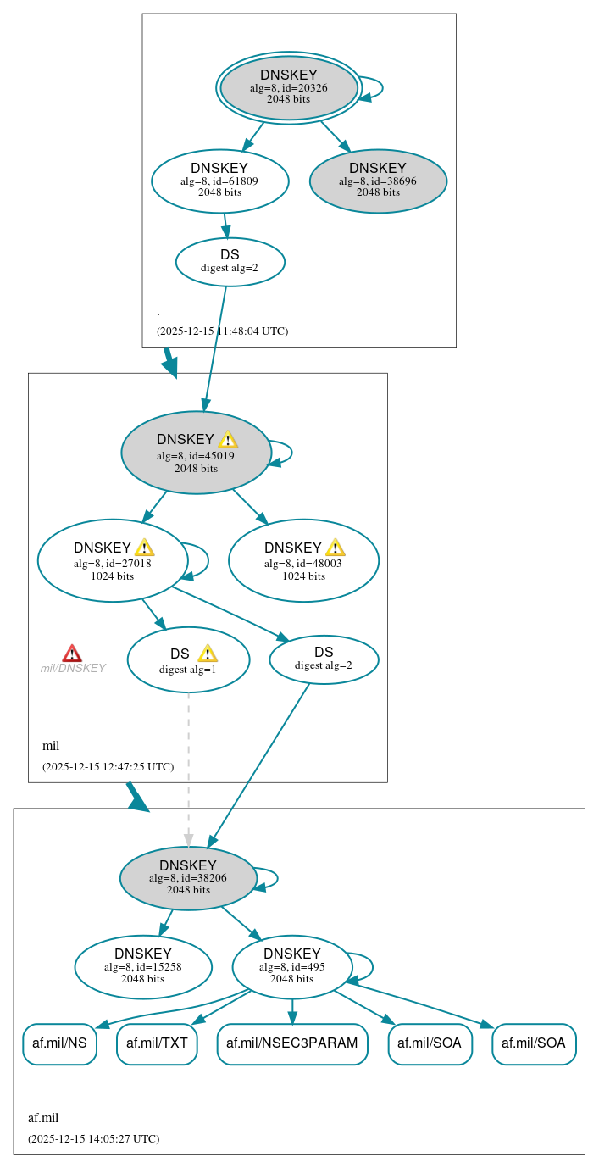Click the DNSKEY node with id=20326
click(289, 87)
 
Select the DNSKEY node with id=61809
click(220, 181)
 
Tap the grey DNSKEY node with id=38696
click(378, 181)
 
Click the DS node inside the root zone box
click(230, 261)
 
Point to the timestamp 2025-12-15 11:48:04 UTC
click(222, 331)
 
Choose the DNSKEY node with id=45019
click(196, 453)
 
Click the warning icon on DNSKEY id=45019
click(228, 439)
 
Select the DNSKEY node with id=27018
click(113, 560)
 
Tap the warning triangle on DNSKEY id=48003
click(335, 548)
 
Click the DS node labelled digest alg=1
click(188, 659)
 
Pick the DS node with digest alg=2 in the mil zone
click(324, 659)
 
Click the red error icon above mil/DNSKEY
click(72, 653)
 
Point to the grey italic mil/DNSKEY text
click(73, 668)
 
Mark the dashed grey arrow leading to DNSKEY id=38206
click(188, 763)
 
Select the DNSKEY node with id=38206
click(188, 878)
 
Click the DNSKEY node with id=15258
click(143, 966)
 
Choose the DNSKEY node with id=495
click(292, 966)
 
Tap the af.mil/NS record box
click(59, 1043)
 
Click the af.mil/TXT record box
click(157, 1043)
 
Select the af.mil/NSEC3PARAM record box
click(292, 1043)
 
